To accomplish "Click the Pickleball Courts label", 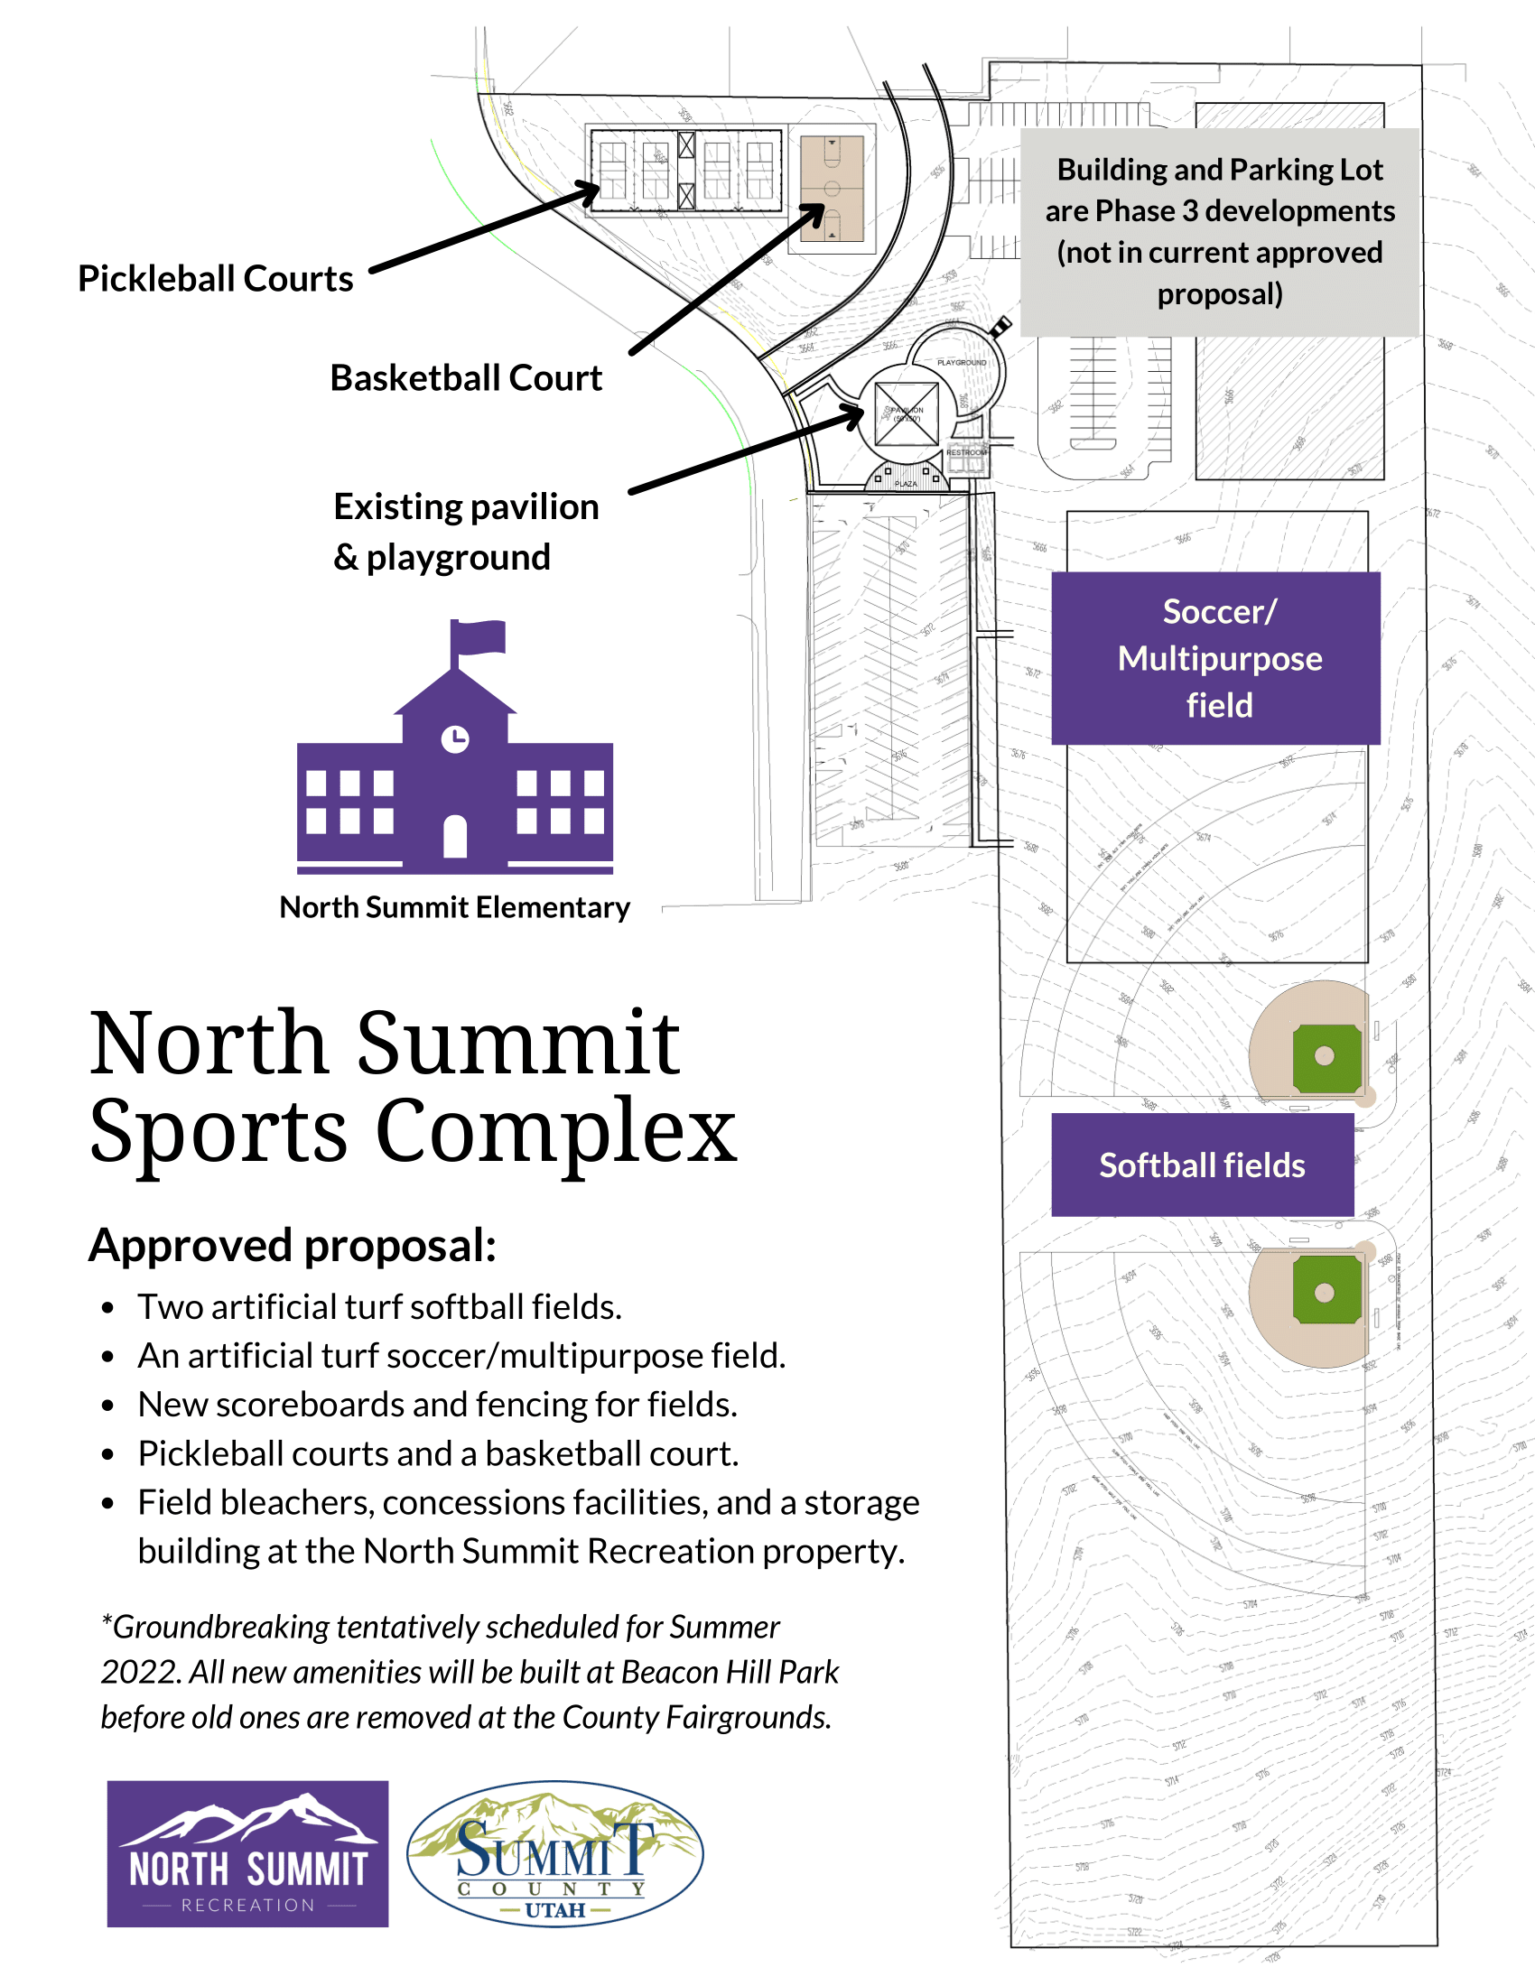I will pos(215,278).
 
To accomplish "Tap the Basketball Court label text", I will pos(466,377).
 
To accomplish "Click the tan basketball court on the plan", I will pos(831,189).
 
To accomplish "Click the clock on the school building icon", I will pos(455,738).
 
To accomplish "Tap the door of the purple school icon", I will pos(455,836).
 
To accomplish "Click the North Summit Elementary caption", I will pos(454,906).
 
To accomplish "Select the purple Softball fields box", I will pos(1201,1165).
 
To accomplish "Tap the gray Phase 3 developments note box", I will pos(1219,232).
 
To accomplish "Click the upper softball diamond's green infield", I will pos(1325,1057).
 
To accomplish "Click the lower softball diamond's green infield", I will pos(1325,1291).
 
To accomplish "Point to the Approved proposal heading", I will pos(292,1245).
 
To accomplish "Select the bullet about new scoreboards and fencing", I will pos(436,1404).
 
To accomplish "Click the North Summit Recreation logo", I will pos(247,1853).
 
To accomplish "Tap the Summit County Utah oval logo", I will pos(554,1853).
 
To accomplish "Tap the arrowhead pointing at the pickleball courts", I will pos(591,190).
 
